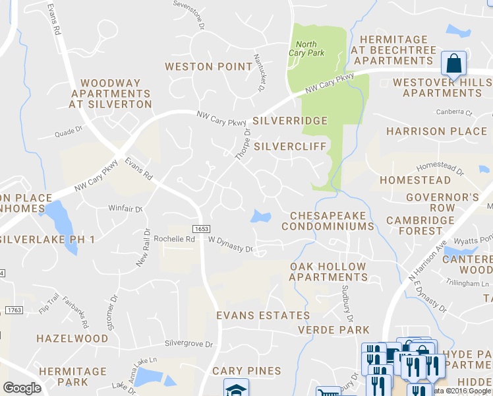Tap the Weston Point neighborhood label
208,67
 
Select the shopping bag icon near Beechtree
453,65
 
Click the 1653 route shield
202,228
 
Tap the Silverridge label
290,121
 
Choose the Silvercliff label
290,145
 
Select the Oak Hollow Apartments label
328,272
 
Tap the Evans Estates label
263,315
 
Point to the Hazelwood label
72,339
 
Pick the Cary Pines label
246,371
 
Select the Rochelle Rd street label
174,239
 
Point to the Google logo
22,388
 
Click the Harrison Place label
436,131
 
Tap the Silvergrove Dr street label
188,344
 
